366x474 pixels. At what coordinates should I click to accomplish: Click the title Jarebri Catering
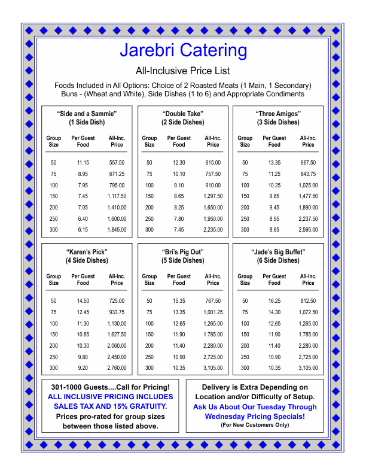click(x=183, y=50)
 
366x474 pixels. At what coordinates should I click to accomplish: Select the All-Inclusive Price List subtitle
click(x=183, y=71)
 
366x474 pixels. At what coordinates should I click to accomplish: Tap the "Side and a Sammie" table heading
click(x=87, y=114)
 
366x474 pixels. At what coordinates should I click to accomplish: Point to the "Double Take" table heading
click(x=182, y=114)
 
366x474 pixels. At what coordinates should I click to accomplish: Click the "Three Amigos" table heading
click(x=277, y=114)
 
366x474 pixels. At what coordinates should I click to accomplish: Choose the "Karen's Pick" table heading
click(x=87, y=251)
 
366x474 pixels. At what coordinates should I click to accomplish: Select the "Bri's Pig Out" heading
click(x=182, y=251)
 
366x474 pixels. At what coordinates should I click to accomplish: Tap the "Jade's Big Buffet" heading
click(x=277, y=251)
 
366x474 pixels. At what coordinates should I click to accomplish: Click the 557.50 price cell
click(x=117, y=163)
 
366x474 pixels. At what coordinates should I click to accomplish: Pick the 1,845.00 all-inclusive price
click(x=117, y=229)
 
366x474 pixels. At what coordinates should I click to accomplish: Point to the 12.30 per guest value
click(x=179, y=163)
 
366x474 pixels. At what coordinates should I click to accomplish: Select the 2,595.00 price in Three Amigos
click(x=308, y=229)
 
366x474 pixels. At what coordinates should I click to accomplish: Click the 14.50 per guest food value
click(x=83, y=300)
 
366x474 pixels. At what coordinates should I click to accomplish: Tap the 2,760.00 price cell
click(x=117, y=367)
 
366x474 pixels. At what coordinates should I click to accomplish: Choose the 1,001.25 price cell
click(x=213, y=312)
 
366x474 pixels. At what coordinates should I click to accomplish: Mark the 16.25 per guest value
click(x=274, y=300)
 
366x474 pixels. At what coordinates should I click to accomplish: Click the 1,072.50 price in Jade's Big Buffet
click(x=308, y=312)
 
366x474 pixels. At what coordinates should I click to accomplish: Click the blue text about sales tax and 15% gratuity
click(x=111, y=402)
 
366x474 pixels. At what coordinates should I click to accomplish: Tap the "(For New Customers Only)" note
click(x=254, y=425)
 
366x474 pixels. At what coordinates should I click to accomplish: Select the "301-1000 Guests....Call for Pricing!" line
click(x=111, y=387)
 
